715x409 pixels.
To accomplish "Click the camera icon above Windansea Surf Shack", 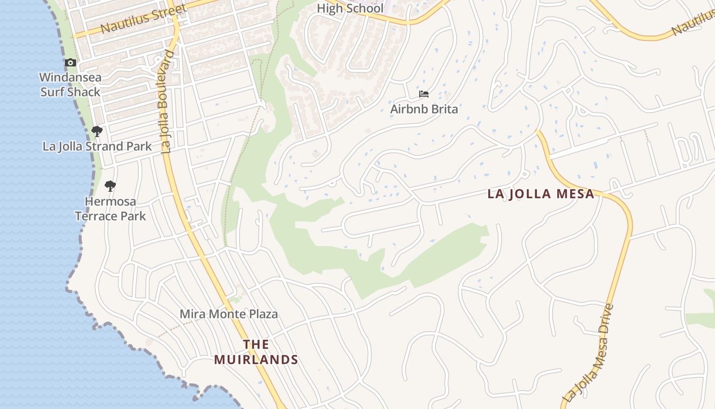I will tap(70, 63).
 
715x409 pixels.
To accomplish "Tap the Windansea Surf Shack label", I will tap(70, 85).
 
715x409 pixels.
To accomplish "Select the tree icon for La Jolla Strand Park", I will tap(97, 131).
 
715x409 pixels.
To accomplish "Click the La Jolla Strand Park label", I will tap(97, 146).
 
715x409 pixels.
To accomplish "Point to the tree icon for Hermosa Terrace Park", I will tap(110, 186).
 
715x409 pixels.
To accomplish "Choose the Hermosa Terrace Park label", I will tap(110, 209).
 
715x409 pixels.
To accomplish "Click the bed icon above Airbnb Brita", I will tap(424, 94).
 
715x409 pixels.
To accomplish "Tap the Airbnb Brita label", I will tap(424, 109).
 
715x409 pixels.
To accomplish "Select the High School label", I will tap(350, 8).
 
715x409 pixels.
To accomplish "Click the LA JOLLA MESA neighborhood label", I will tap(541, 194).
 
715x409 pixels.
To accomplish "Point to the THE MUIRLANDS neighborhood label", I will tap(256, 352).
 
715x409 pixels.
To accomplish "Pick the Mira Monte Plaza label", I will tap(228, 314).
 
